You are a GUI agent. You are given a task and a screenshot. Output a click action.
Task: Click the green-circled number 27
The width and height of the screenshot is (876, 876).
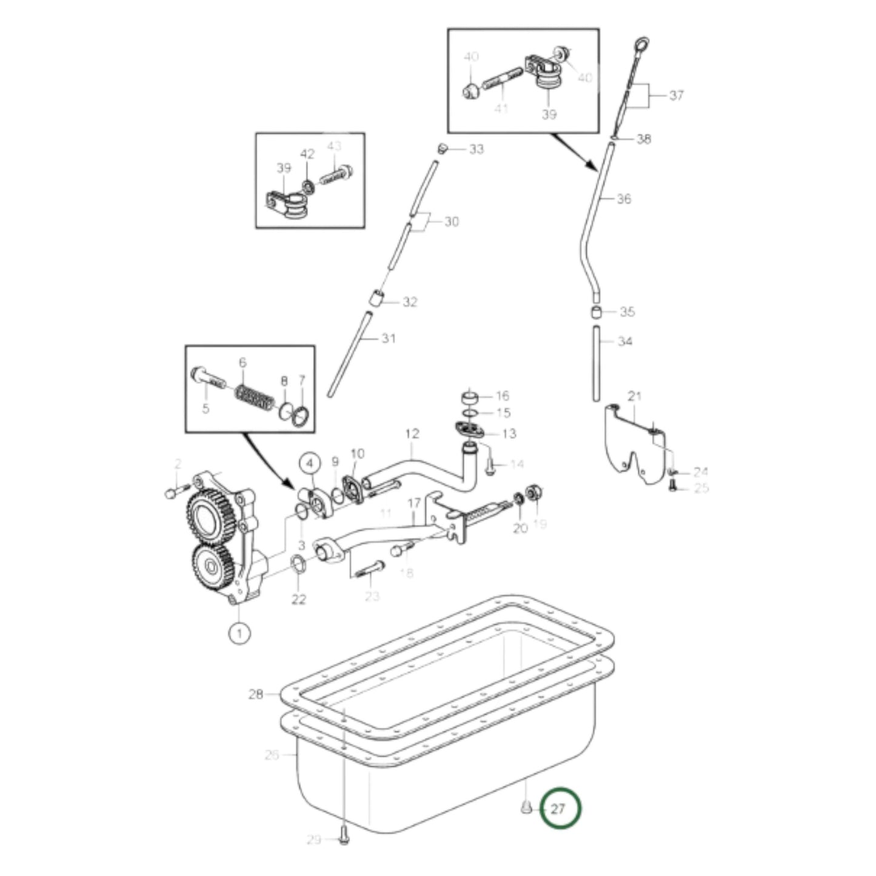point(560,809)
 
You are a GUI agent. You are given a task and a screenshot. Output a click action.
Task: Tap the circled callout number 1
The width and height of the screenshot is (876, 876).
point(240,632)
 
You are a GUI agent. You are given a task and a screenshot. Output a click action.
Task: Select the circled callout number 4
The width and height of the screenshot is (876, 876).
point(310,464)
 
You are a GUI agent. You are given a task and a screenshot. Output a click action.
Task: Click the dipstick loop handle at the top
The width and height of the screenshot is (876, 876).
point(641,44)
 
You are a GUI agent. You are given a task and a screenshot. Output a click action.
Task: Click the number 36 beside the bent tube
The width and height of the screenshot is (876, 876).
point(624,199)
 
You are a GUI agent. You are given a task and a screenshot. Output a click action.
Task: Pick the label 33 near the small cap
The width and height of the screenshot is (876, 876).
point(476,149)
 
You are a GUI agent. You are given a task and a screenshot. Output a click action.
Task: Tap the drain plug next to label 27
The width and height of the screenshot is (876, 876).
point(526,808)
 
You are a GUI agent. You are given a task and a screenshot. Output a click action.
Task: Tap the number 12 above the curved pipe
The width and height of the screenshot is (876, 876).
point(412,433)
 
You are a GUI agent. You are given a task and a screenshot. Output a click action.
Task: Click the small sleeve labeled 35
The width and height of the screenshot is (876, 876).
point(597,312)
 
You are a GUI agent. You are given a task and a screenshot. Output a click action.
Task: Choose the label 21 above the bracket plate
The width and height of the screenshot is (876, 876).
point(634,396)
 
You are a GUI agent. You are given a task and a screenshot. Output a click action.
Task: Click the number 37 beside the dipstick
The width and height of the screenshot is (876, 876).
point(677,95)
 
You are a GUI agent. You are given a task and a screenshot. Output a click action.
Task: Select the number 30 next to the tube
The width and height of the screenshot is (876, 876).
point(452,222)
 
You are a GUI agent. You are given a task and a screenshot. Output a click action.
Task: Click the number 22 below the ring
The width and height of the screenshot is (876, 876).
point(299,600)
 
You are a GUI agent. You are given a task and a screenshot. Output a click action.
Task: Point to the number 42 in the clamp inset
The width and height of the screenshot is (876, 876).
point(307,154)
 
